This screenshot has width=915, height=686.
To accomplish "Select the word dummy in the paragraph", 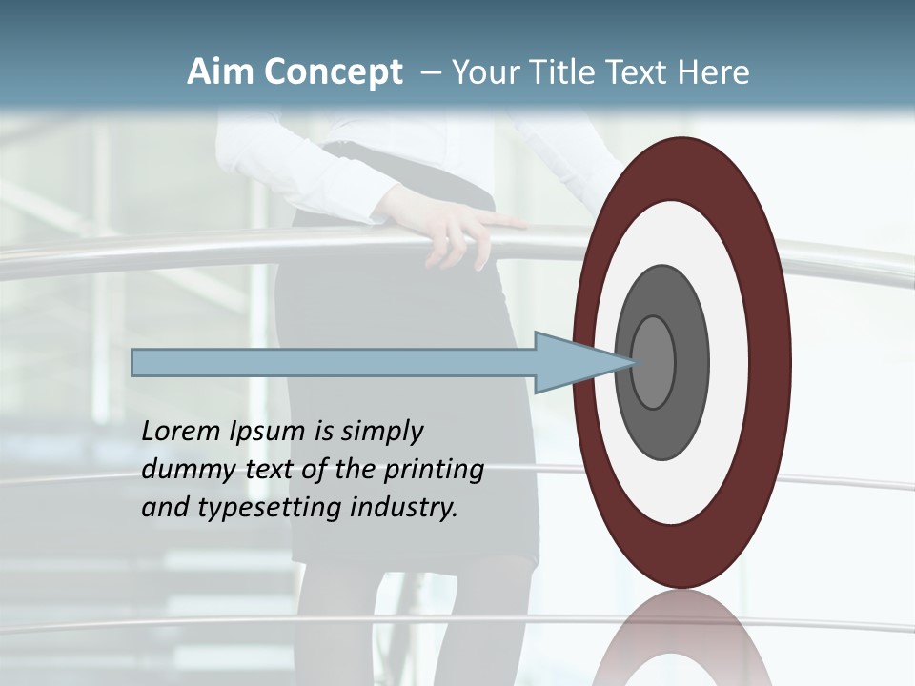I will pyautogui.click(x=186, y=470).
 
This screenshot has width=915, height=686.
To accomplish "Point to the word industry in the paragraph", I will pyautogui.click(x=405, y=509).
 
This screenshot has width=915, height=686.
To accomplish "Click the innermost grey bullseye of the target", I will pyautogui.click(x=654, y=363).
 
